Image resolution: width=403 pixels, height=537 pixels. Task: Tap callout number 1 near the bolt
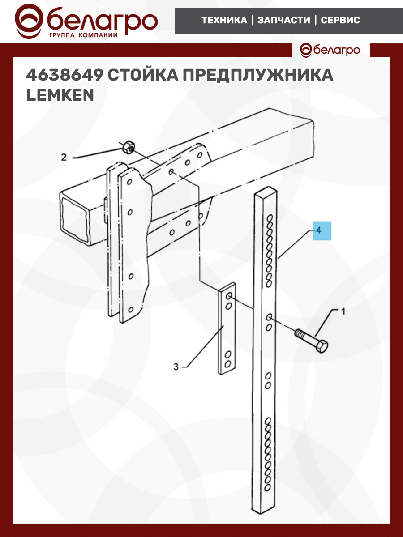(343, 311)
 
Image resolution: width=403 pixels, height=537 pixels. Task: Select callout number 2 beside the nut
(64, 157)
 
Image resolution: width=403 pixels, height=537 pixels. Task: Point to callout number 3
(176, 367)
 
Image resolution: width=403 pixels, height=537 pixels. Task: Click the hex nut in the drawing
(128, 147)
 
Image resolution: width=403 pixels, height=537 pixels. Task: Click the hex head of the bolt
(322, 346)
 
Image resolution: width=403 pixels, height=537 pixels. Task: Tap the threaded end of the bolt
(300, 333)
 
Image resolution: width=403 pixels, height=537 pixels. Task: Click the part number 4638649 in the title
(64, 75)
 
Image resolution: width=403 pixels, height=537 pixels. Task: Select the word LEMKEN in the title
(60, 95)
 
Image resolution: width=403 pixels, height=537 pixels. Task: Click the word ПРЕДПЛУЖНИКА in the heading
(258, 75)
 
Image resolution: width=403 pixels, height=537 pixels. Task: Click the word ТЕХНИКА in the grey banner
(224, 20)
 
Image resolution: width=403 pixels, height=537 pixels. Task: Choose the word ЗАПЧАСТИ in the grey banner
(284, 20)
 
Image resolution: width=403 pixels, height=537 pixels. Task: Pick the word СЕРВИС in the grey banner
(340, 20)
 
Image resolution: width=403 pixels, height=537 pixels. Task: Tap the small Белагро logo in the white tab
(330, 50)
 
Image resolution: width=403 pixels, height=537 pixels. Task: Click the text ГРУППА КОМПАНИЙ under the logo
(83, 35)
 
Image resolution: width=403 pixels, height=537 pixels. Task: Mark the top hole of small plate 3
(229, 296)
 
